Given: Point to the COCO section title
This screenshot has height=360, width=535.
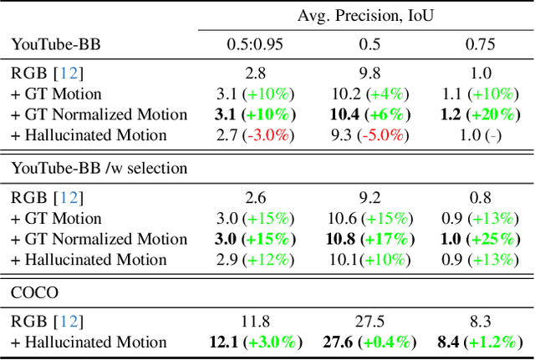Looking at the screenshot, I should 34,292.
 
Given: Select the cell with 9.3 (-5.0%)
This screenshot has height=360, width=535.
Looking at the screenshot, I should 364,134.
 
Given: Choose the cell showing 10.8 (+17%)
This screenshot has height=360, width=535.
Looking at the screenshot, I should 364,238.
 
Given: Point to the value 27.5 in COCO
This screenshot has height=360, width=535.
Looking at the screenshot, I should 364,321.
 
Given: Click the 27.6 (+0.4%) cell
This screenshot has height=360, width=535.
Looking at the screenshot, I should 364,342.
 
